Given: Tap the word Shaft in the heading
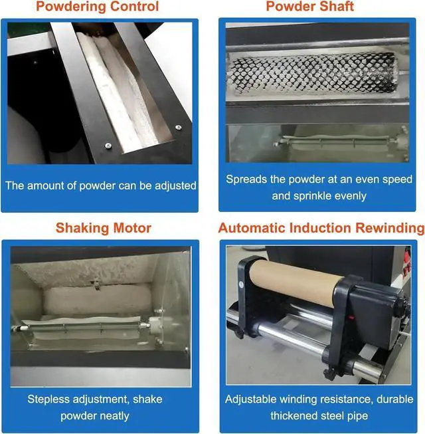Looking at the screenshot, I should [x=335, y=7].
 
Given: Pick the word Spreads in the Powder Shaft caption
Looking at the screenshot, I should [x=246, y=179].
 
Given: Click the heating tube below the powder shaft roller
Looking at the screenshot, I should [x=312, y=141].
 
